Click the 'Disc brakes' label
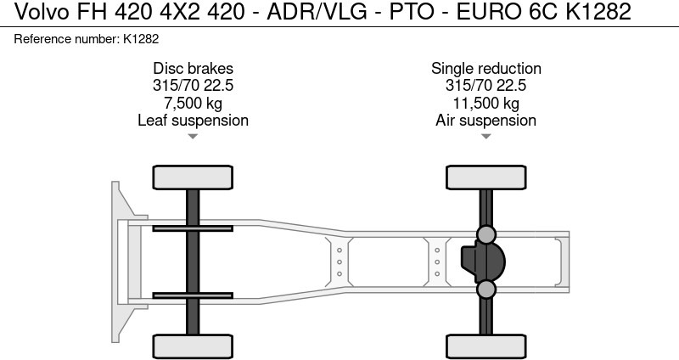click(193, 69)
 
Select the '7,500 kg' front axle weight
click(193, 103)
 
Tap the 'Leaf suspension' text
click(193, 120)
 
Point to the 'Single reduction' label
click(485, 69)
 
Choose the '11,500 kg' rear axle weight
click(485, 103)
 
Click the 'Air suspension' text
click(485, 120)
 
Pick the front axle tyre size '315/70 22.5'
click(193, 86)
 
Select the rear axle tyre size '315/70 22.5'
click(485, 86)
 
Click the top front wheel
click(193, 177)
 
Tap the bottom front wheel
click(193, 346)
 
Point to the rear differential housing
click(481, 262)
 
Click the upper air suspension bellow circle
click(485, 233)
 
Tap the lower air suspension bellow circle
click(485, 290)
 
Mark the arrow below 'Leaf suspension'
click(193, 136)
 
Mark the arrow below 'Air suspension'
click(485, 136)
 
